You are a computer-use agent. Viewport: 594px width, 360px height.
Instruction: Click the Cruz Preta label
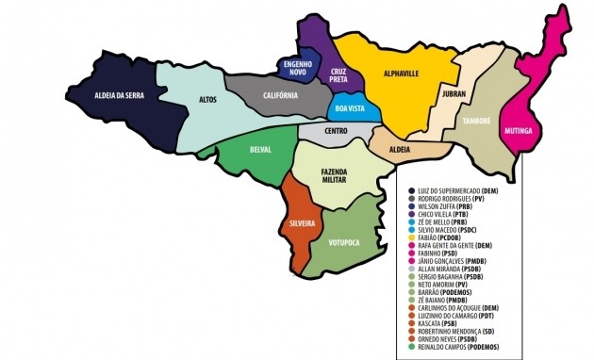[x=338, y=75]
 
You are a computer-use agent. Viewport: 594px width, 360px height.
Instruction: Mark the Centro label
[x=337, y=131]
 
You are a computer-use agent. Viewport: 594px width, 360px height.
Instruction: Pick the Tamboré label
[x=475, y=121]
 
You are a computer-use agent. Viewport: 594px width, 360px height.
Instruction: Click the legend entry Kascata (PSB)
[x=440, y=322]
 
